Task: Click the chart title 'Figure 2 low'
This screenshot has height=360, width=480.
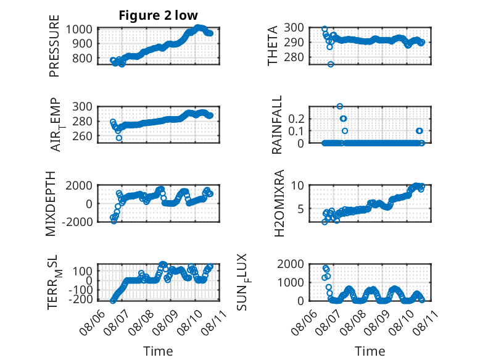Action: (159, 15)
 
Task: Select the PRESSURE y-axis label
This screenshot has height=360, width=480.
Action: (54, 46)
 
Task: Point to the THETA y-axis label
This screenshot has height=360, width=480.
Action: (272, 46)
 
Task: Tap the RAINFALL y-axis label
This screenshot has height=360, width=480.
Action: (276, 125)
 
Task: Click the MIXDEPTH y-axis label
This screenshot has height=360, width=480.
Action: (51, 204)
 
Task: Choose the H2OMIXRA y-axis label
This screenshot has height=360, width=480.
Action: (279, 203)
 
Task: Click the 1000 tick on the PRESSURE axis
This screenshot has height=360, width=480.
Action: (80, 30)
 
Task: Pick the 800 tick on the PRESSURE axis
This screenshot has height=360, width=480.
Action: (82, 58)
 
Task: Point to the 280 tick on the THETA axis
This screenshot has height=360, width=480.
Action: (294, 57)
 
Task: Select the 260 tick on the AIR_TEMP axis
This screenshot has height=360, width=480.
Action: (82, 136)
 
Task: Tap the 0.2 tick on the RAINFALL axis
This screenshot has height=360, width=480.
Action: (296, 119)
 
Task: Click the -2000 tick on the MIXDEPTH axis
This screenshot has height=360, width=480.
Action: (77, 222)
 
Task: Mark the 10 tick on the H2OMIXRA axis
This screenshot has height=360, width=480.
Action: (297, 185)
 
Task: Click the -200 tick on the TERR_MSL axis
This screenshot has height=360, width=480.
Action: (80, 299)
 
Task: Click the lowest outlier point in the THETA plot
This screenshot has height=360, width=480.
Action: (331, 64)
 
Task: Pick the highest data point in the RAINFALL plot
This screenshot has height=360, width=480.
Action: (340, 106)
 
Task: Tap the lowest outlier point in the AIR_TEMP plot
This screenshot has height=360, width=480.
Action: (119, 138)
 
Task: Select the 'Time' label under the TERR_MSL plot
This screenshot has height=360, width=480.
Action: (158, 351)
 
